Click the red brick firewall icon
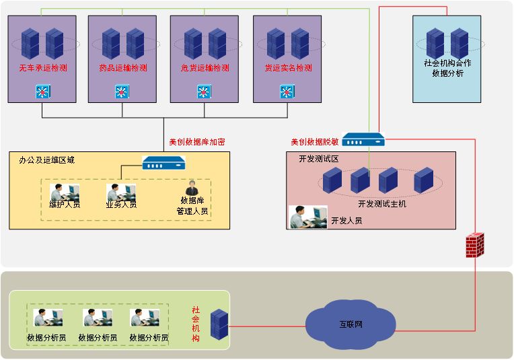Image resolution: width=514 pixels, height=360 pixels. point(476,245)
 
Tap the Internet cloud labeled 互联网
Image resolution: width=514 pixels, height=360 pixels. point(350,325)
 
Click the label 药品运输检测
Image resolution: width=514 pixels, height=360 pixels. point(122,68)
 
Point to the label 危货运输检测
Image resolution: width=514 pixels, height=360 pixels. point(205,68)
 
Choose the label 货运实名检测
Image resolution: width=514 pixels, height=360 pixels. point(288,68)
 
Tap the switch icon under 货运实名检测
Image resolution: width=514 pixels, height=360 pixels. point(287,92)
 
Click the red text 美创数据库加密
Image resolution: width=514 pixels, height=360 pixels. point(197,142)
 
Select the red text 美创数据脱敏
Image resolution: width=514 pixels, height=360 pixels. point(314,142)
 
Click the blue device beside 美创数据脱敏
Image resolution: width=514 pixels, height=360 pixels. point(363,140)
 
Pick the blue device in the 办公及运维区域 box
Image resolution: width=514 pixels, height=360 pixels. point(163,163)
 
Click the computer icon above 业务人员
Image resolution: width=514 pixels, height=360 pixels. point(121,192)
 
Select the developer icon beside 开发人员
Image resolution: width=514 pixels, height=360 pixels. point(307,216)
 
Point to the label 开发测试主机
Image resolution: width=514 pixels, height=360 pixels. point(382,203)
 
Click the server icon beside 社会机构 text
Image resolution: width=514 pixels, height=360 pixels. point(219,324)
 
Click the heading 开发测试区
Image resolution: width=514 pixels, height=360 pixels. point(319,159)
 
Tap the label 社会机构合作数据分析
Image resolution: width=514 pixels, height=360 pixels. point(447,68)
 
